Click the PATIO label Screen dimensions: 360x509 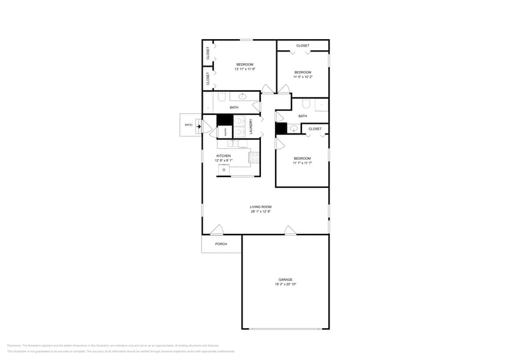click(189, 125)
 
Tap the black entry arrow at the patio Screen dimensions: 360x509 click(198, 126)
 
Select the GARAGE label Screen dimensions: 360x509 click(285, 279)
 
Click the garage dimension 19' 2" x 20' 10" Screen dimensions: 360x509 click(285, 284)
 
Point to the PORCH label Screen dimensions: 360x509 click(221, 244)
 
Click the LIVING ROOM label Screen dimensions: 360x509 click(260, 207)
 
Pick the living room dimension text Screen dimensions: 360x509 click(260, 212)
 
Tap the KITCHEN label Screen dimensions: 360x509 click(224, 156)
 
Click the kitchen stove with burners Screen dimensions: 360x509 click(253, 157)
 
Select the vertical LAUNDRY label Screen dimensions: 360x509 click(251, 126)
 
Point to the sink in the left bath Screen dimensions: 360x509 click(243, 96)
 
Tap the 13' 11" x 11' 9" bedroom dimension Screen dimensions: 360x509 click(245, 69)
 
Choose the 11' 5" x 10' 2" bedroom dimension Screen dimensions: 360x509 click(303, 77)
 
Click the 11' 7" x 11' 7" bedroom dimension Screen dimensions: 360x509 click(303, 163)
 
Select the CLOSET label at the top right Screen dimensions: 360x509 click(303, 46)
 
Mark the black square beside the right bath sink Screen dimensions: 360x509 click(281, 128)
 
